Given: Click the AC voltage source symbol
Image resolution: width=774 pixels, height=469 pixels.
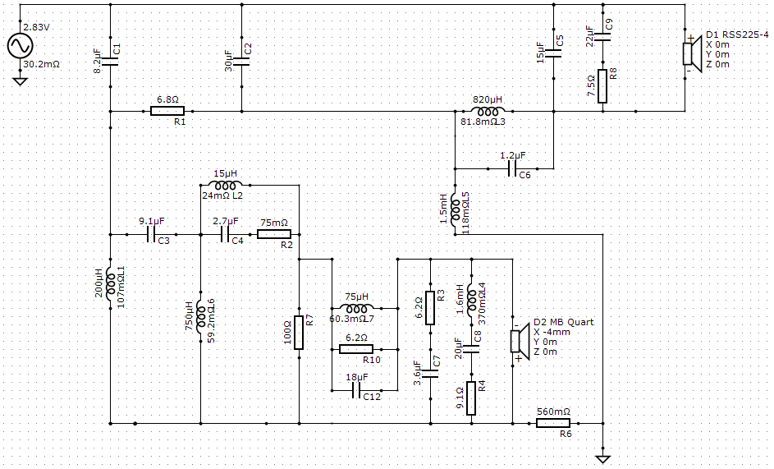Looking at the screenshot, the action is click(x=21, y=46).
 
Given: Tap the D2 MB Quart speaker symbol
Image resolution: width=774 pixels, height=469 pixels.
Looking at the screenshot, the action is click(x=520, y=342).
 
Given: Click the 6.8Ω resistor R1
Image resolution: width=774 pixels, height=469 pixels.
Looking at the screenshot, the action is click(x=167, y=111).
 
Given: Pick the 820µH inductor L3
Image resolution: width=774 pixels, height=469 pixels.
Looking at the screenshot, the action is click(x=488, y=111).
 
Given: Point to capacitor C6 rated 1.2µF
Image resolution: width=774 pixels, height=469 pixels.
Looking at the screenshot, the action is click(x=512, y=168).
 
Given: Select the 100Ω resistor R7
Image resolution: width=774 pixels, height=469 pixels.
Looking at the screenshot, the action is click(x=299, y=333).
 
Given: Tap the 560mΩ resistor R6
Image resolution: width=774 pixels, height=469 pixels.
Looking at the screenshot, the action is click(x=553, y=424).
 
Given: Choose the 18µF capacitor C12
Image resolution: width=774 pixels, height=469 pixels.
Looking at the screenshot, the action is click(x=356, y=391).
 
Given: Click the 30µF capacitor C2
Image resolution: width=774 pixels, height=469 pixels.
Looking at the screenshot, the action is click(x=241, y=62).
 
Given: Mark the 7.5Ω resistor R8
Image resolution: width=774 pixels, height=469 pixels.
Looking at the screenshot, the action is click(x=602, y=86).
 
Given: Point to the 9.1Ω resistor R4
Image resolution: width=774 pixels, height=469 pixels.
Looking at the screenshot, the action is click(x=471, y=398).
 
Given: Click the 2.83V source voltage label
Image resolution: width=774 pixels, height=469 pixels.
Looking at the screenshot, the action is click(x=37, y=28).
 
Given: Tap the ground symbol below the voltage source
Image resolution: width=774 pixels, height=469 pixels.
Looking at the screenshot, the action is click(x=21, y=80).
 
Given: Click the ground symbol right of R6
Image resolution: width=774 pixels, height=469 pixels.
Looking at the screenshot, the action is click(x=603, y=460).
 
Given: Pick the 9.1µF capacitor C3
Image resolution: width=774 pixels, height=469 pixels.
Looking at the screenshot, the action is click(x=150, y=235).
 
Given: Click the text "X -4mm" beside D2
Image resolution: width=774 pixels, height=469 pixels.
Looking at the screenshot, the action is click(x=552, y=332).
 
